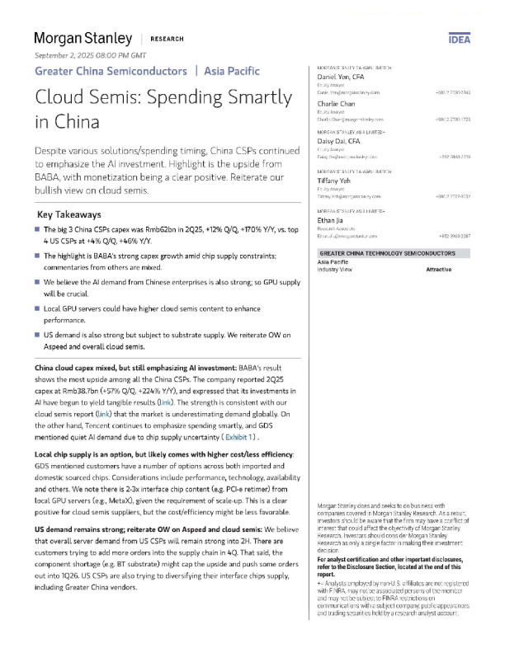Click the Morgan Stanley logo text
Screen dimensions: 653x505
point(83,39)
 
